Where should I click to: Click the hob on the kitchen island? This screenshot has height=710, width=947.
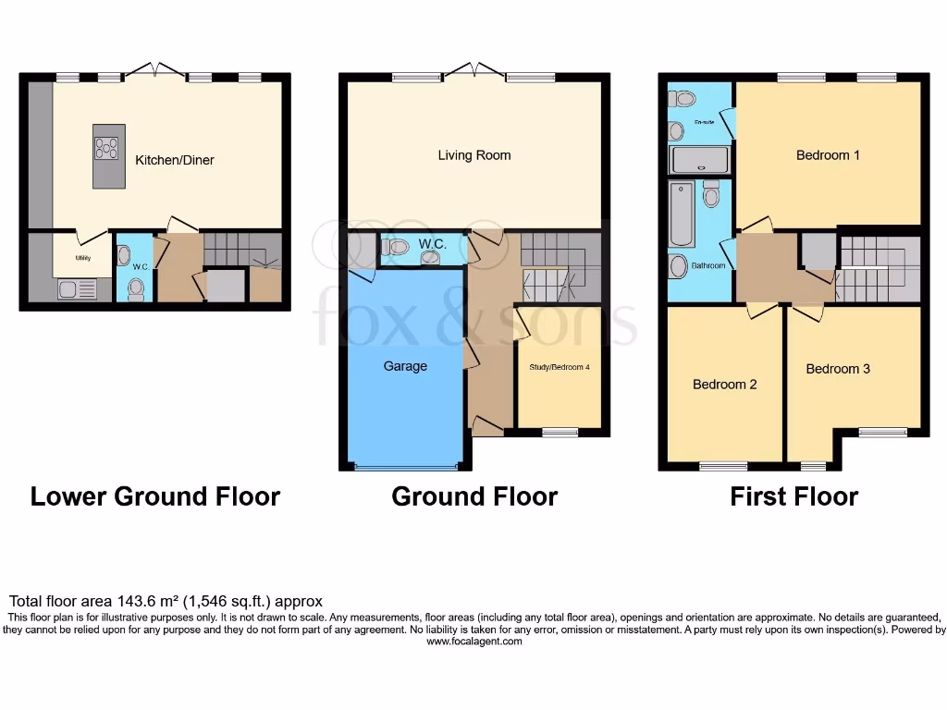[107, 148]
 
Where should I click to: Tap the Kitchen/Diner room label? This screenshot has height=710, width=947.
[175, 160]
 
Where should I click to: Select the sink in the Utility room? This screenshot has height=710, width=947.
[70, 288]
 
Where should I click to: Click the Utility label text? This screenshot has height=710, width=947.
[83, 257]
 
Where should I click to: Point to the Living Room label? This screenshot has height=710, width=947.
[474, 155]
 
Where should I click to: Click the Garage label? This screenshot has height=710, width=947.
[405, 366]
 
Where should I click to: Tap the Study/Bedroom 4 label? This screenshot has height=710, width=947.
[559, 367]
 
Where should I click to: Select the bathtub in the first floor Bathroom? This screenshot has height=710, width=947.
[682, 214]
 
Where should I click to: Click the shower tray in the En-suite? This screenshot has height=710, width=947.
[699, 161]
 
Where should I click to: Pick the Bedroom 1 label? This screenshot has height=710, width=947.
[828, 155]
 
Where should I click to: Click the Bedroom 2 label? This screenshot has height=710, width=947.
[725, 385]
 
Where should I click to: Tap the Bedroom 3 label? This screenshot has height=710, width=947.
[838, 369]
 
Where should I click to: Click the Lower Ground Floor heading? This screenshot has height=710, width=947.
[155, 496]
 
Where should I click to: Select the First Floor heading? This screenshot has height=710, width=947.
[793, 496]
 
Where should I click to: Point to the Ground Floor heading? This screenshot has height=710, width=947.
[474, 496]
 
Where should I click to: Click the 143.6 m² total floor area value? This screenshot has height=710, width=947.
[139, 601]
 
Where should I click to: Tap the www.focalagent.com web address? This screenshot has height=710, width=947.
[473, 642]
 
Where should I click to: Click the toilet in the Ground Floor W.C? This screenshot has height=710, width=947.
[395, 247]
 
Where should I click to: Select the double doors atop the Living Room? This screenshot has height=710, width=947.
[474, 70]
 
